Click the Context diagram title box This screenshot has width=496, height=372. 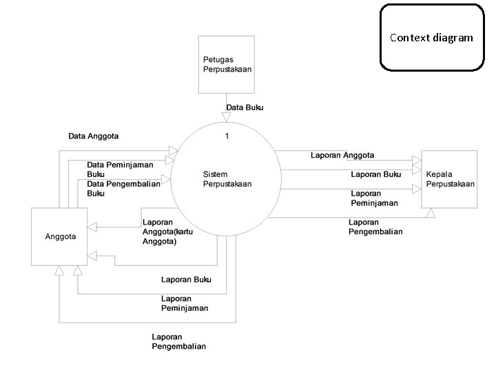[431, 38]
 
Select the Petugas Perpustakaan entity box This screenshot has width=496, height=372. [226, 64]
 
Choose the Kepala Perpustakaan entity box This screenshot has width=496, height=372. [450, 178]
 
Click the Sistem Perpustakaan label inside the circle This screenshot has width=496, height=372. [227, 179]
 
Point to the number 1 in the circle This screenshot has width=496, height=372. [227, 136]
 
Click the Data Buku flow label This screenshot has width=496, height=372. [245, 107]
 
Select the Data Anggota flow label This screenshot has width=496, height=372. [93, 136]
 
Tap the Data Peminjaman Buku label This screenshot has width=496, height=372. [120, 169]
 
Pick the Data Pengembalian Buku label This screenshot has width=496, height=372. [123, 189]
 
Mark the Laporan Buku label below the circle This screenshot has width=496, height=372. [186, 280]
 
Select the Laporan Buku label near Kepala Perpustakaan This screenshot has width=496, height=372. [375, 175]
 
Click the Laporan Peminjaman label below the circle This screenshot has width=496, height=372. [185, 303]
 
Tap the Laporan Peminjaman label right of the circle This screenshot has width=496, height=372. [374, 198]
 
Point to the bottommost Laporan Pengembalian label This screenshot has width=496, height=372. [178, 341]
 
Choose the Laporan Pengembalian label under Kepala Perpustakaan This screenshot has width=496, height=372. [375, 227]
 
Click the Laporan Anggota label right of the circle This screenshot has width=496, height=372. [342, 156]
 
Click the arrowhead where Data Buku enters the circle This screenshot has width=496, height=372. [226, 118]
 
